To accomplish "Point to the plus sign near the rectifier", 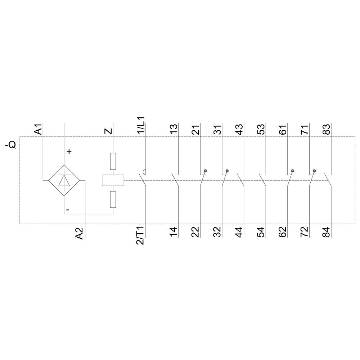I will pyautogui.click(x=69, y=152).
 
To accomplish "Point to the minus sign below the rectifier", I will pyautogui.click(x=68, y=209).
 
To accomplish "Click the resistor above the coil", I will pyautogui.click(x=113, y=161).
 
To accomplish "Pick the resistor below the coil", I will pyautogui.click(x=113, y=199).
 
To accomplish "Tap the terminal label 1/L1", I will pyautogui.click(x=141, y=125).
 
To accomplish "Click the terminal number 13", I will pyautogui.click(x=174, y=129).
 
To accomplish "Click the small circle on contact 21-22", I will pyautogui.click(x=205, y=170).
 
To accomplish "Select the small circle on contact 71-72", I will pyautogui.click(x=314, y=170).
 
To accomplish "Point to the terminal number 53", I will pyautogui.click(x=261, y=129).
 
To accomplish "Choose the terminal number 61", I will pyautogui.click(x=283, y=129).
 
